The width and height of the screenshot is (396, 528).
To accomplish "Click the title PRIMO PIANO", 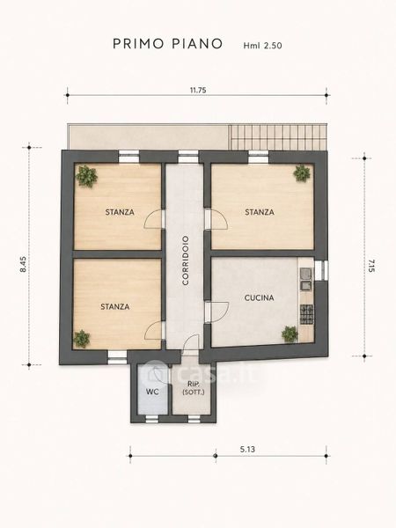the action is [x=168, y=44].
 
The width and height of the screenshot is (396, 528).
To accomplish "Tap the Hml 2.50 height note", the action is [x=262, y=46].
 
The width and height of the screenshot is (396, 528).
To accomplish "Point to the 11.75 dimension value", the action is [x=198, y=91].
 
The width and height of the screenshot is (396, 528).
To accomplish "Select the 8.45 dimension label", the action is [x=23, y=264].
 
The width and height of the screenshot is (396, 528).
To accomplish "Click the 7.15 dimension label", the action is [x=371, y=266].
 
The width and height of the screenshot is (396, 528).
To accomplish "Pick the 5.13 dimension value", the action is [x=247, y=449].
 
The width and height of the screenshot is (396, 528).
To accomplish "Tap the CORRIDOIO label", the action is [x=186, y=260].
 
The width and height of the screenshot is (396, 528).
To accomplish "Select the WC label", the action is [x=152, y=392].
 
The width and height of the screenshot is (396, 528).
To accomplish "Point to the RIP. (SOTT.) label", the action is [x=194, y=388].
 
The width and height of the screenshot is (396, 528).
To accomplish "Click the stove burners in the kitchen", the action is [x=306, y=314].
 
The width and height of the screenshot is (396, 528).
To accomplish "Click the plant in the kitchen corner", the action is [x=290, y=334].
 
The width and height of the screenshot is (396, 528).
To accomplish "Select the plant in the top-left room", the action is [x=86, y=176].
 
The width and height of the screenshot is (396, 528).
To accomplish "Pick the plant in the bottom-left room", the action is [x=82, y=339].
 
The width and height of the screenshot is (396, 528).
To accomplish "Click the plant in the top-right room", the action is [x=302, y=173].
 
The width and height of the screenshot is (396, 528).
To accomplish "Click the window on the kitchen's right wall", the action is [x=321, y=270].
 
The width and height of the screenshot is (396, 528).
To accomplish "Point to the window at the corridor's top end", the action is [x=188, y=157].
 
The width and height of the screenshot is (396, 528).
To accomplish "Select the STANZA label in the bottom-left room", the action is [x=114, y=307].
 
